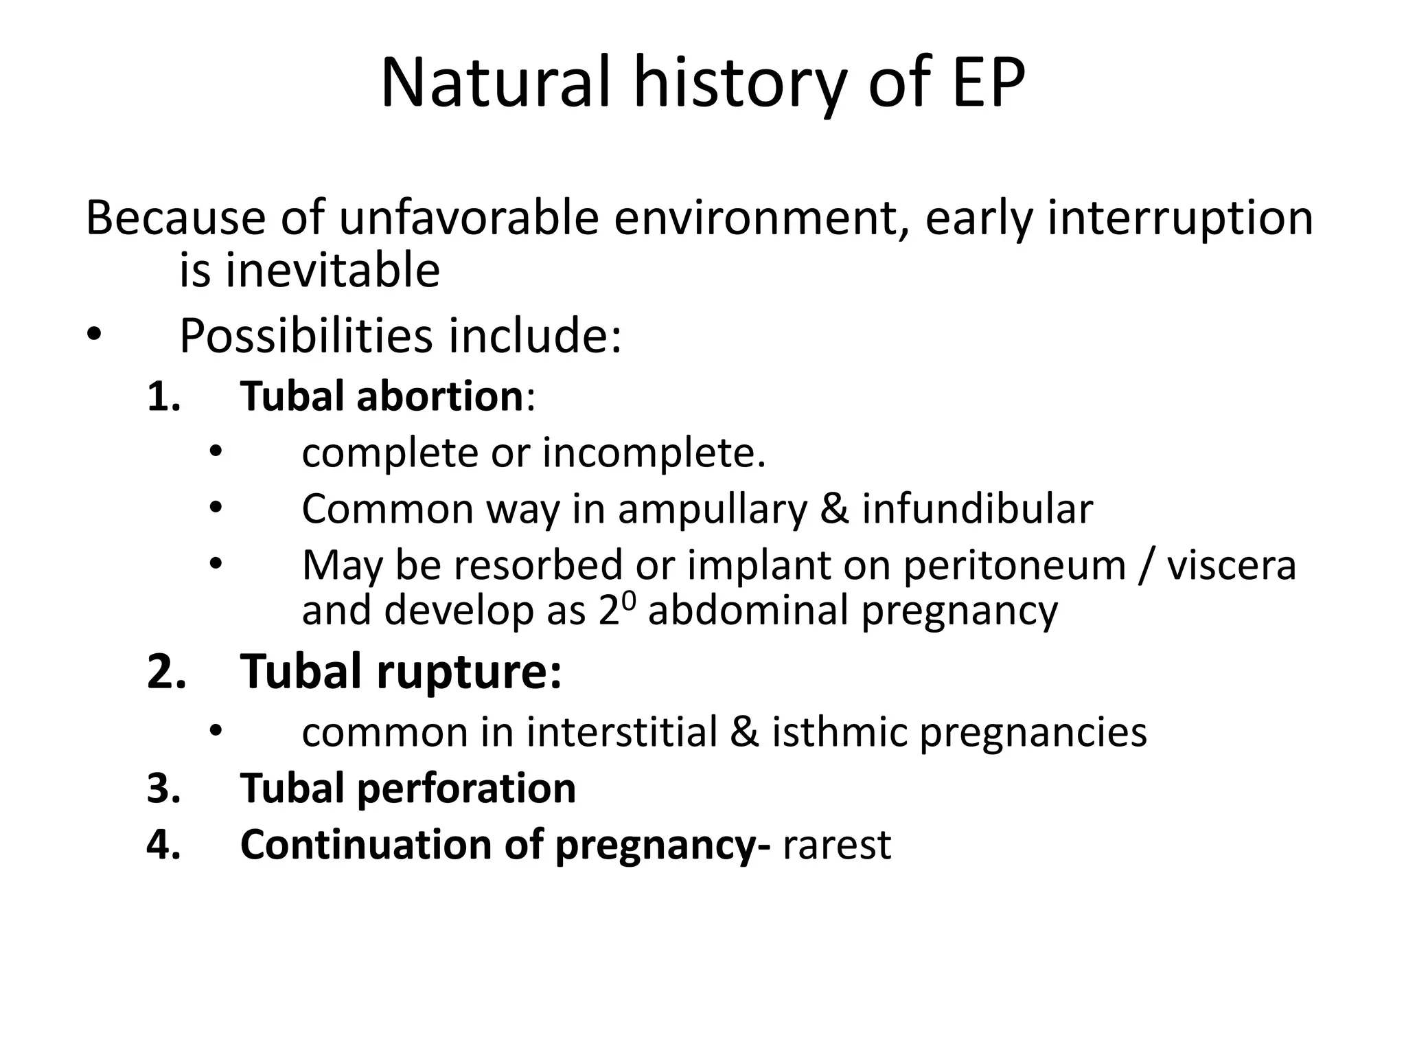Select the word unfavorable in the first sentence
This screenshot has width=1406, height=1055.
(x=469, y=218)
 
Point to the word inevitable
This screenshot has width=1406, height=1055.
(x=333, y=270)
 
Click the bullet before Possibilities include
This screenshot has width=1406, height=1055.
(x=94, y=335)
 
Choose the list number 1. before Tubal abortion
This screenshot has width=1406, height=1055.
(x=164, y=397)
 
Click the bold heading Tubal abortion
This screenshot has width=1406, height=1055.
(x=382, y=396)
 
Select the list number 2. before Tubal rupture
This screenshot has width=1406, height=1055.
(x=167, y=672)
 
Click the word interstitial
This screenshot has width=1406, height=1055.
(x=622, y=732)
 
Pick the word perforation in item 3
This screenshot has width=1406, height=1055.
(x=466, y=789)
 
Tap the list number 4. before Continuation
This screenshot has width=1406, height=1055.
(x=164, y=845)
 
